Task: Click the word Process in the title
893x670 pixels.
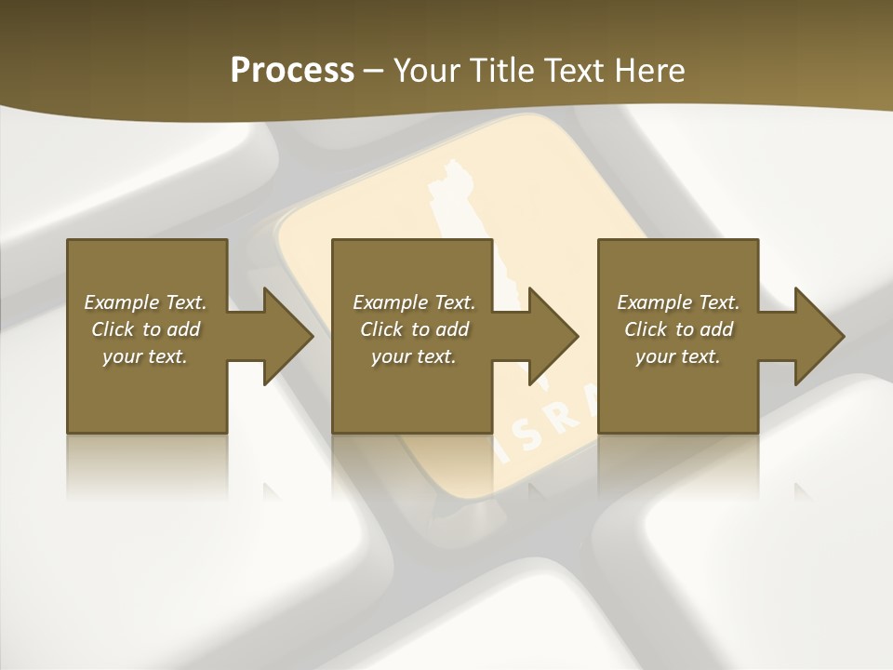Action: (292, 71)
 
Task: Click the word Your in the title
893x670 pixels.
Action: (425, 71)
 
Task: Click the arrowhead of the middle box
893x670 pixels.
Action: (553, 336)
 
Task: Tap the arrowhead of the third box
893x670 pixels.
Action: (819, 336)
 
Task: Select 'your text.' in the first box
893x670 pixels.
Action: (145, 356)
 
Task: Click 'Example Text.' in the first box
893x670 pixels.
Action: (145, 302)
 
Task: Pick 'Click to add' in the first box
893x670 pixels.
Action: (145, 329)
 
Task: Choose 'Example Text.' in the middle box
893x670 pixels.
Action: (414, 302)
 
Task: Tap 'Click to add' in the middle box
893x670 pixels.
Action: (414, 329)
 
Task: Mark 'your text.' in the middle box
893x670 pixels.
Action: (414, 356)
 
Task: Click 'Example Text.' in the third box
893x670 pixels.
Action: (678, 302)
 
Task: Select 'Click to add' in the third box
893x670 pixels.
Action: (678, 329)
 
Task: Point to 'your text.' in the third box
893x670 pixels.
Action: (678, 356)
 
